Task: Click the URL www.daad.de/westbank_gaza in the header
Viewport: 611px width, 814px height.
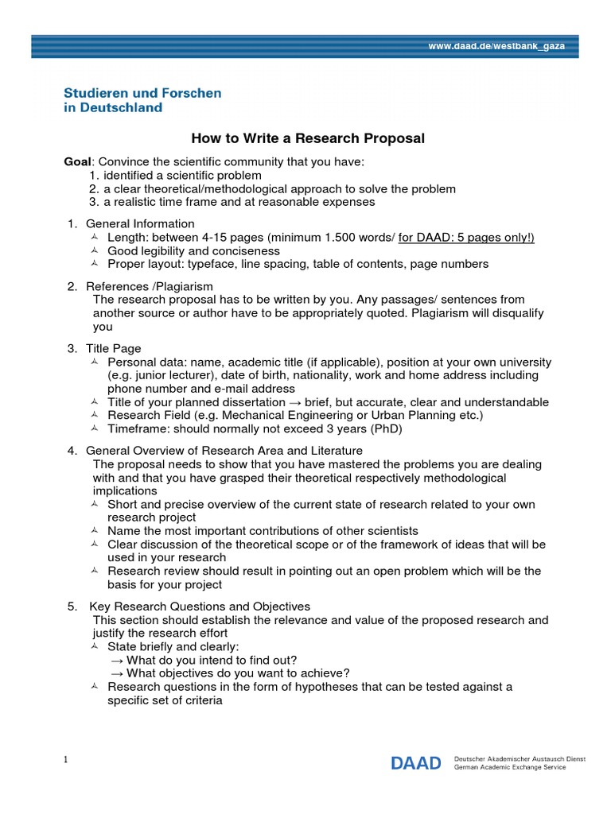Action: (496, 46)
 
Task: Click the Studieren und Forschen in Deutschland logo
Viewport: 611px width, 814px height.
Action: (142, 100)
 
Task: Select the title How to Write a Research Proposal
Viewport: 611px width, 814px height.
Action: (309, 138)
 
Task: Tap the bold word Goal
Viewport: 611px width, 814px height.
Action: (78, 162)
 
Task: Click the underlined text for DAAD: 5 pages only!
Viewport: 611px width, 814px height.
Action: (466, 238)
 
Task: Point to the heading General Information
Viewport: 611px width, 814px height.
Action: (140, 223)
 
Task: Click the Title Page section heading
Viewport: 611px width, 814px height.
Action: (114, 348)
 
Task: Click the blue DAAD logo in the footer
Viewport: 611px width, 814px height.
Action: (415, 764)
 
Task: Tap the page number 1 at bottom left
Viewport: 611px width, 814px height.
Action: (67, 760)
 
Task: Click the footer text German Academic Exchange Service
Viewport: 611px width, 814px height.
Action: (508, 768)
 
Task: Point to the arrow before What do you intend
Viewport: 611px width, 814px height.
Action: (116, 660)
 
